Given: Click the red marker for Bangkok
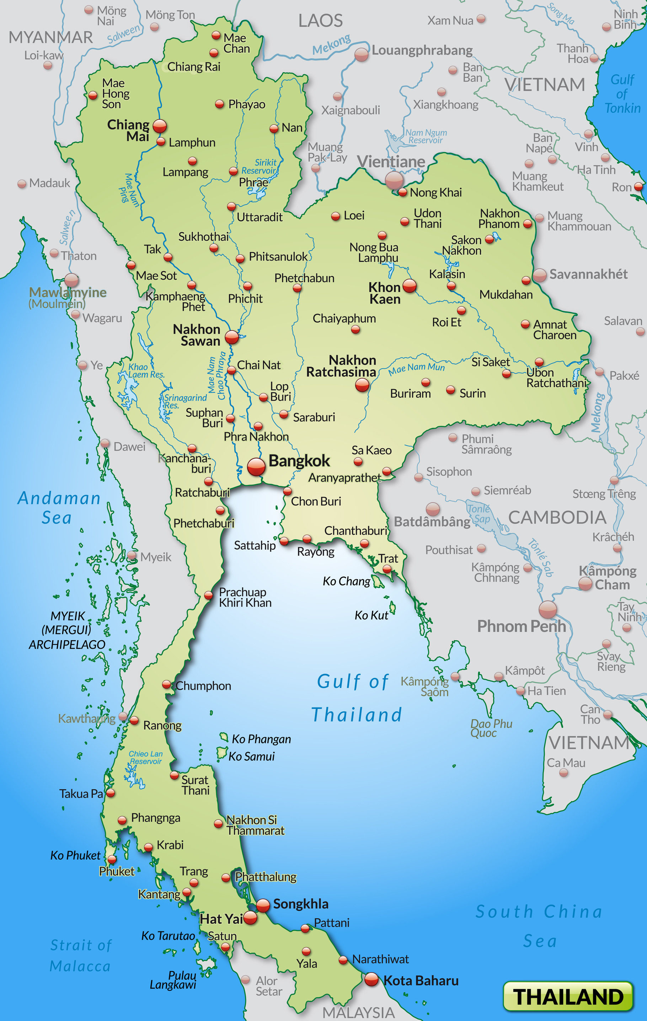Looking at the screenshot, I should click(x=256, y=466).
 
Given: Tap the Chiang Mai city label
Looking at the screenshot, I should click(x=128, y=130).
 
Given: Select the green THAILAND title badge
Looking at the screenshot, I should click(x=568, y=996).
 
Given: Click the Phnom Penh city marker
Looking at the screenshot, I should click(x=547, y=609).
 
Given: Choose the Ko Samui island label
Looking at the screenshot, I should click(x=251, y=757).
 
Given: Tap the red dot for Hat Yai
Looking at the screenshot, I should click(x=250, y=918).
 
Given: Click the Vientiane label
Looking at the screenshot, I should click(x=391, y=161).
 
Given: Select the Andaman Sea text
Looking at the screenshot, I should click(x=59, y=508).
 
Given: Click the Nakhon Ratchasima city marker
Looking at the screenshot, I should click(x=362, y=385).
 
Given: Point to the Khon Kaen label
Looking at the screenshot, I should click(x=385, y=293).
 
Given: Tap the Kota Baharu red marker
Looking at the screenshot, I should click(x=371, y=979).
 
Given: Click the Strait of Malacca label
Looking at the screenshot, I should click(x=81, y=956).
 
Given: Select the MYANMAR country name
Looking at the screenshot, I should click(x=50, y=37).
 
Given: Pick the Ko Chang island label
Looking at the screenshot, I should click(x=346, y=581).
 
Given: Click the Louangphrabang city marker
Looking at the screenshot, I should click(x=361, y=54).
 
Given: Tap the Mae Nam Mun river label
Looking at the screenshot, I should click(x=417, y=368).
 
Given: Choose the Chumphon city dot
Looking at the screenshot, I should click(x=167, y=684).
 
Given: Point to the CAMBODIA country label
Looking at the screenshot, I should click(x=557, y=517).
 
